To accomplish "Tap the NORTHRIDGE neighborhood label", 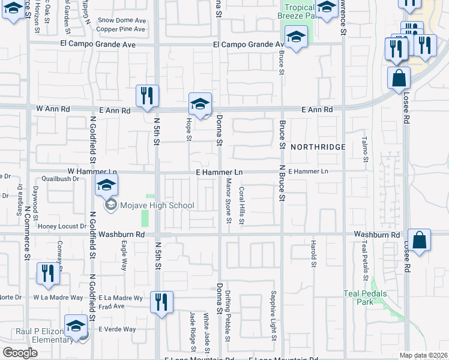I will click(x=318, y=147).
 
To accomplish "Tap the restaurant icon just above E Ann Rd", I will click(x=147, y=96).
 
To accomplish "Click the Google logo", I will click(x=20, y=352).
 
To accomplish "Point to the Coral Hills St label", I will click(x=242, y=205).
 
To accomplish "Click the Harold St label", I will click(x=313, y=254).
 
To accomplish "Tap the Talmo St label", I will click(x=364, y=149).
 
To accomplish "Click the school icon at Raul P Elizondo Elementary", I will click(x=76, y=327).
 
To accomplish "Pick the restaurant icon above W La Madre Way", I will click(x=48, y=273).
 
